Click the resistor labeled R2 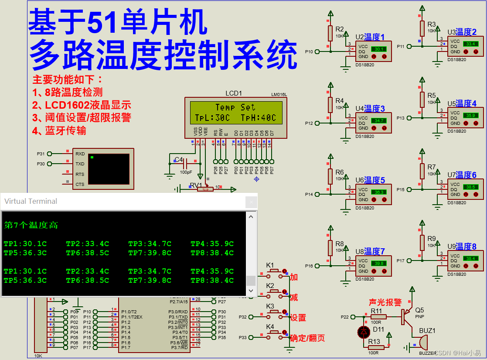pos(330,33)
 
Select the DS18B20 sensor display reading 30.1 pos(379,49)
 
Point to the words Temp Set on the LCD pos(235,107)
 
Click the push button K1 pos(275,271)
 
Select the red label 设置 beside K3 pos(298,318)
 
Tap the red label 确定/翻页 pos(307,338)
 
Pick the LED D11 pos(364,332)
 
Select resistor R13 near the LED pos(376,347)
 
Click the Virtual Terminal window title pos(31,201)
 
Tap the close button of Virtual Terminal pos(251,202)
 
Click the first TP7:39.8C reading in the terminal pos(150,253)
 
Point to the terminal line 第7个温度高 pos(31,225)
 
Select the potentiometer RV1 pos(204,189)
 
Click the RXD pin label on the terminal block pos(80,154)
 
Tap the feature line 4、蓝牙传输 pos(59,130)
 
